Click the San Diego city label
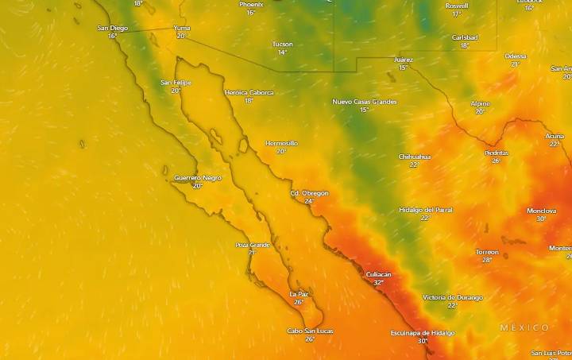point(112,28)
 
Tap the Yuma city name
point(182,28)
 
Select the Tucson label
point(282,44)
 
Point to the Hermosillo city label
point(281,143)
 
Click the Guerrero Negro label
point(197,177)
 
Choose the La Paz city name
point(298,293)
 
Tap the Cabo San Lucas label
point(310,331)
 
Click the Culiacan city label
point(378,274)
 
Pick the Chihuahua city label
point(414,157)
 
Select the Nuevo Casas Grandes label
point(364,102)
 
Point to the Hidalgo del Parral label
point(425,209)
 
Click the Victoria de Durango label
point(452,297)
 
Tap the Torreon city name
point(487,252)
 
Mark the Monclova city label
point(541,211)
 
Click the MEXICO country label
point(524,327)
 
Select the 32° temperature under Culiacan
point(378,282)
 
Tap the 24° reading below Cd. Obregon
point(309,201)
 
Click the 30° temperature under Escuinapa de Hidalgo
point(422,341)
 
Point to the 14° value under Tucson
point(282,52)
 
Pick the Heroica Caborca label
point(249,92)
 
